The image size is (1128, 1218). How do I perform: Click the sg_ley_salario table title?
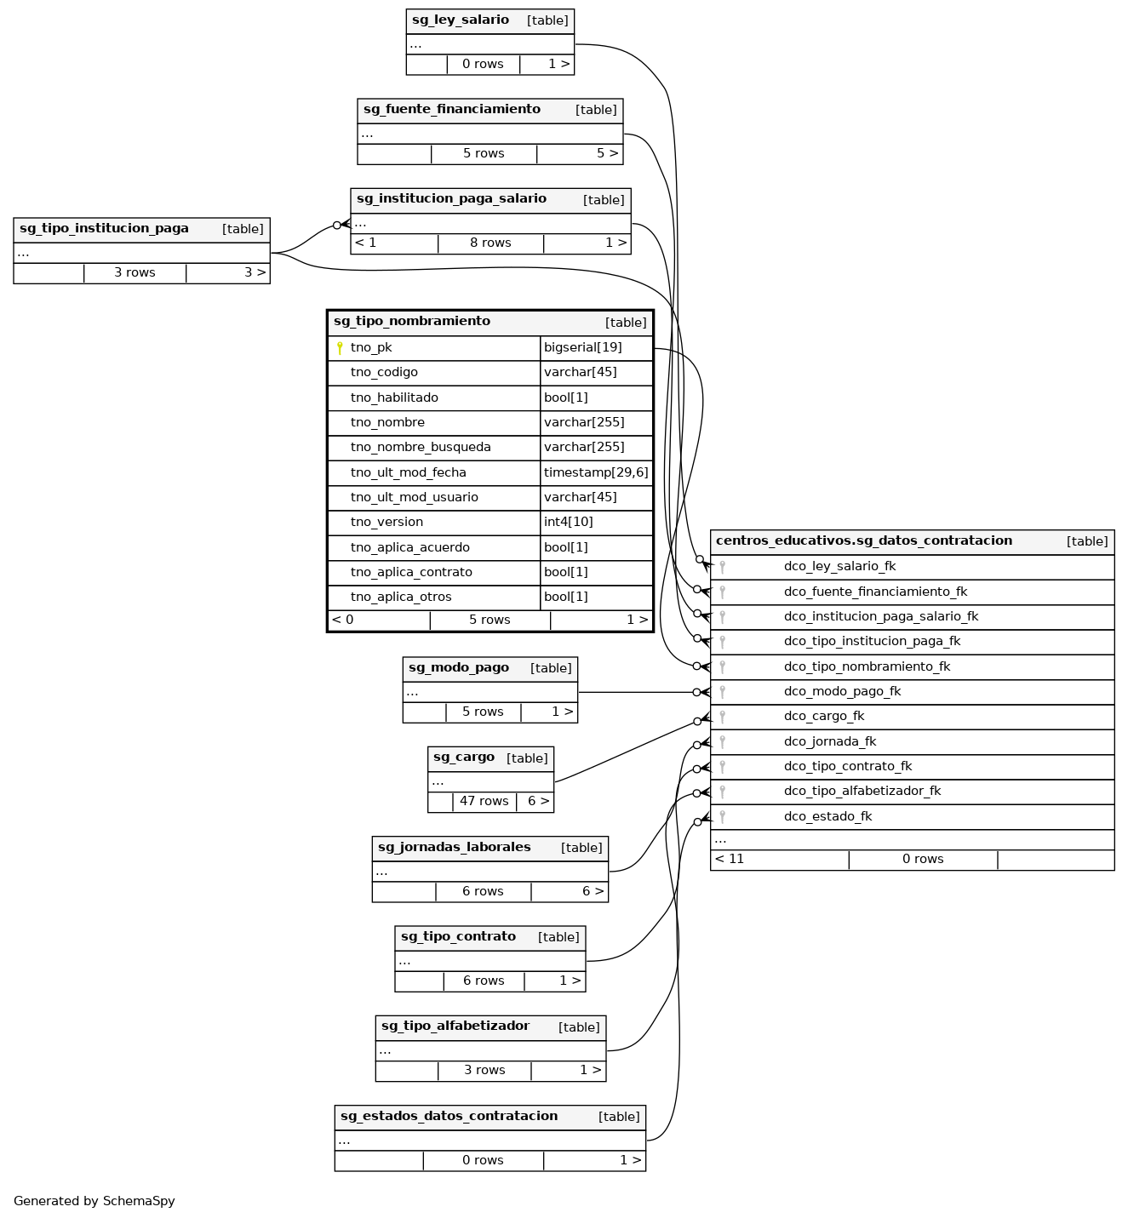point(461,20)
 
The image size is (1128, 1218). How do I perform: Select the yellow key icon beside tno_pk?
point(340,348)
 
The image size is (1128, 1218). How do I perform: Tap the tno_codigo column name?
point(384,373)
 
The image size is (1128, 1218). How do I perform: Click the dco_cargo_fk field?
point(823,717)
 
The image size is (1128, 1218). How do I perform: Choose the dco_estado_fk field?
point(827,817)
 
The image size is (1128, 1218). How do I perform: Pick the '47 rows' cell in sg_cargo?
point(484,802)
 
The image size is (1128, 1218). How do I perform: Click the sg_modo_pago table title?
point(459,668)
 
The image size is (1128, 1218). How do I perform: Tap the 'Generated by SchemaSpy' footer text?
point(94,1202)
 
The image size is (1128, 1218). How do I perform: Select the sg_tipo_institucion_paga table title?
point(104,229)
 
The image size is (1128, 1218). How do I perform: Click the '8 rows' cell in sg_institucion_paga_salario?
point(490,243)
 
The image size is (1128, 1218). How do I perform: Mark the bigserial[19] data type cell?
point(583,348)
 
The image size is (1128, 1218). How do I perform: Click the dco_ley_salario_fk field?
point(839,567)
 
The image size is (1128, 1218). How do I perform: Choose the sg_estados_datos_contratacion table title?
point(449,1117)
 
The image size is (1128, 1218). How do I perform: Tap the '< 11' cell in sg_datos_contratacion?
point(730,860)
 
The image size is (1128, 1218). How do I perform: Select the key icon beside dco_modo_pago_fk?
point(722,692)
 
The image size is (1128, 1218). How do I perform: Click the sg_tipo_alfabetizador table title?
point(455,1026)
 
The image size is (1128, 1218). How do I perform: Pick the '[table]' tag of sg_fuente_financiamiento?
point(596,110)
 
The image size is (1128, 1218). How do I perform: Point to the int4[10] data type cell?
point(569,523)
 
